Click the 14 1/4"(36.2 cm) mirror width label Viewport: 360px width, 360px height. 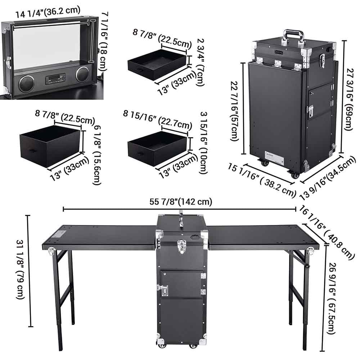coord(48,10)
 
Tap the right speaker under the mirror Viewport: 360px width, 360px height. coord(82,74)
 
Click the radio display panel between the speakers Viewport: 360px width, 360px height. coord(55,78)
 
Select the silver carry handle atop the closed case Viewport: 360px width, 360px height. coord(293,36)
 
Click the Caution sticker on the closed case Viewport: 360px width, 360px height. coord(274,158)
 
